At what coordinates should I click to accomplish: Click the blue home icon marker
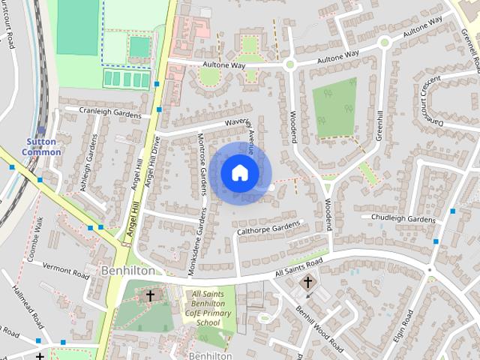pos(239,172)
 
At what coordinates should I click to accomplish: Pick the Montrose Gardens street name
pos(202,166)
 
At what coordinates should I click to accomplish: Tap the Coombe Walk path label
pos(37,238)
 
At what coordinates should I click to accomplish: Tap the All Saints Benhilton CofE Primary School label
pos(207,308)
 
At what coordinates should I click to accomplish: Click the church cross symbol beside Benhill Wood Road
pos(307,282)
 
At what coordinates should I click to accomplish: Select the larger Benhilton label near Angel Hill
pos(128,270)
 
